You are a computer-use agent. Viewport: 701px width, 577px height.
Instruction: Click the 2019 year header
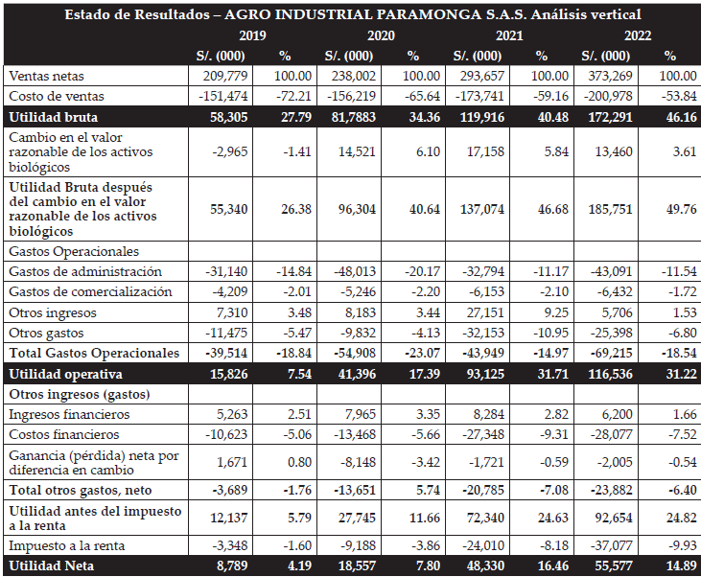pyautogui.click(x=252, y=35)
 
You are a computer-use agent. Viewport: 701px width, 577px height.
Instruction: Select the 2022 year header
pyautogui.click(x=638, y=35)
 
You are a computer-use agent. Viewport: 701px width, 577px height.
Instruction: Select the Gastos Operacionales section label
pyautogui.click(x=71, y=251)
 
